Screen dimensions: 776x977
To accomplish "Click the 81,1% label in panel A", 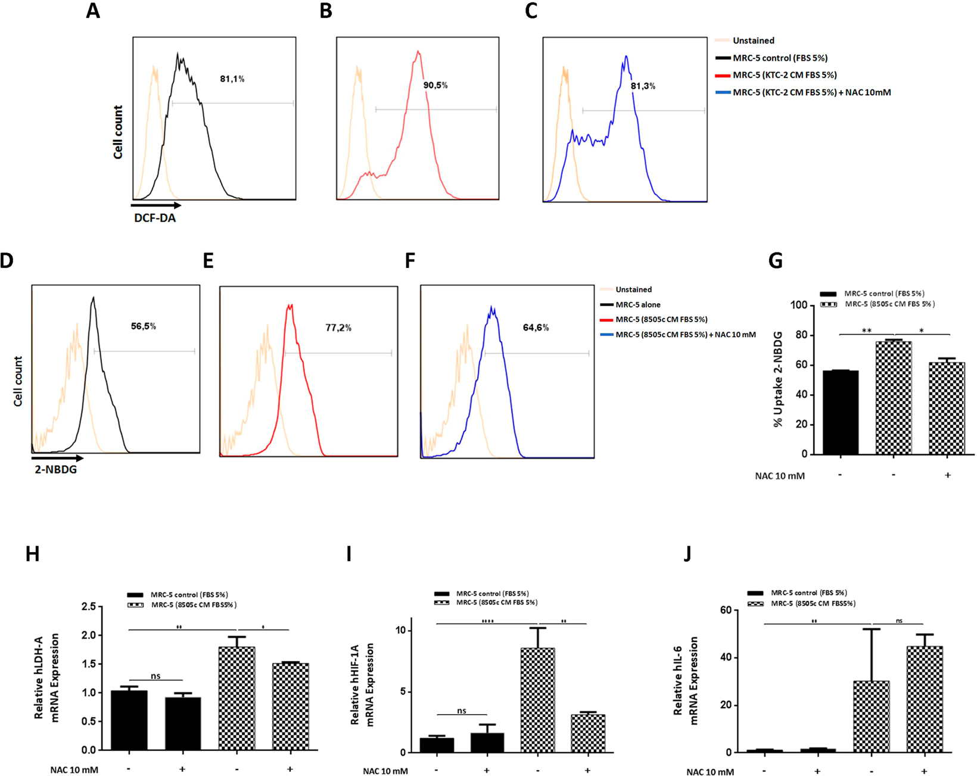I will [232, 79].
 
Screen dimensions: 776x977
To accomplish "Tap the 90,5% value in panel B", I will [435, 85].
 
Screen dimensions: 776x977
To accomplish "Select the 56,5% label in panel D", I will [144, 326].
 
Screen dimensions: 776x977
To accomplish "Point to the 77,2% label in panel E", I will [338, 328].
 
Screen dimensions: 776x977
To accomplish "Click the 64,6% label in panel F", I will [536, 328].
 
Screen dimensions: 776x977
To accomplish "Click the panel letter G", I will [776, 261].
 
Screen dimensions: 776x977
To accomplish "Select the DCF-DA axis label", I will [155, 218].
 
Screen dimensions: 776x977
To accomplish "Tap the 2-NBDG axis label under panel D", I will [55, 469].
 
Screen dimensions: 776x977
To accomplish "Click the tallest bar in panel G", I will [894, 398].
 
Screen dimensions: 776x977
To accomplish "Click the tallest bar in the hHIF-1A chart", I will [537, 700].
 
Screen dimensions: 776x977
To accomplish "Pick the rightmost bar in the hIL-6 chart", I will [925, 699].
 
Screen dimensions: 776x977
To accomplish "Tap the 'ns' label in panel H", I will [155, 676].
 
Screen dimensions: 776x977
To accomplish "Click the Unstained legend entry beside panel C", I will [753, 40].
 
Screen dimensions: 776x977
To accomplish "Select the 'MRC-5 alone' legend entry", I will [637, 304].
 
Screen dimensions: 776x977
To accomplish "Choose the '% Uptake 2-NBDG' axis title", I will [778, 379].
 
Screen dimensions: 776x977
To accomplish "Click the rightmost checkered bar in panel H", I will [290, 706].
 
